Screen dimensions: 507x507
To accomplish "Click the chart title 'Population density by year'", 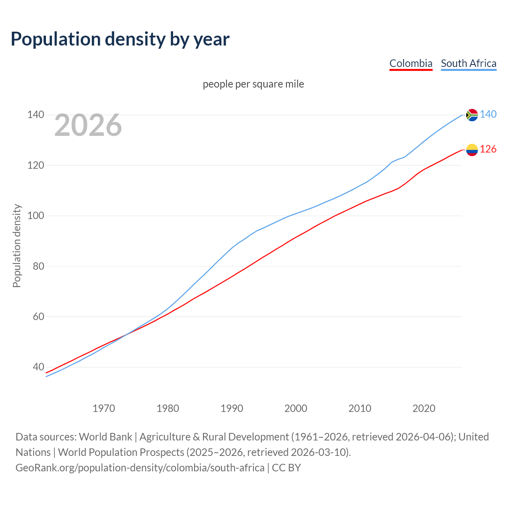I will coord(120,39).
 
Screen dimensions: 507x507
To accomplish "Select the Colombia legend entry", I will coord(411,63).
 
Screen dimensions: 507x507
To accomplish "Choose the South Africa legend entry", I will coord(468,63).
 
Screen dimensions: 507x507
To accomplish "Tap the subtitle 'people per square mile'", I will coord(253,84).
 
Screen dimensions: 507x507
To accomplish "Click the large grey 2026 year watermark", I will coord(88,125).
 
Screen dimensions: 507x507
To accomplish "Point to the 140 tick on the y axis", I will coord(35,115).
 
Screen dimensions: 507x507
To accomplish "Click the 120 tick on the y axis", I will coord(35,165).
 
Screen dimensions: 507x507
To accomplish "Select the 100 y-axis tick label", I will coord(35,216).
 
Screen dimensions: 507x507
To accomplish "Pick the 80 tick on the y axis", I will coord(38,266).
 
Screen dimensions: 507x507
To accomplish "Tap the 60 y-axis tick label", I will coord(38,317).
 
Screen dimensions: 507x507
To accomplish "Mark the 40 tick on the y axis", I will coord(38,367).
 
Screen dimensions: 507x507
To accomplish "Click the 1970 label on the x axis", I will coord(104,408).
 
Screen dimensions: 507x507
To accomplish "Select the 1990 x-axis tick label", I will coord(232,408).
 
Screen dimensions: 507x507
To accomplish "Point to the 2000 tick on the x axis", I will coord(295,408).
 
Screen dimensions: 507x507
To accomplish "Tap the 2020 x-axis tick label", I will coord(424,408).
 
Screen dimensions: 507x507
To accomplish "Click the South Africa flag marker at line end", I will coord(472,115).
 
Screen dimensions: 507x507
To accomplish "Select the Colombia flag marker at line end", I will coord(472,150).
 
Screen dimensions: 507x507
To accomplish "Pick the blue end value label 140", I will coord(488,114).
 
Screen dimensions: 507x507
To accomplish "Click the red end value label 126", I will coord(488,149).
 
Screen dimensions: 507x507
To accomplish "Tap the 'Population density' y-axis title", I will coord(17,246).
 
